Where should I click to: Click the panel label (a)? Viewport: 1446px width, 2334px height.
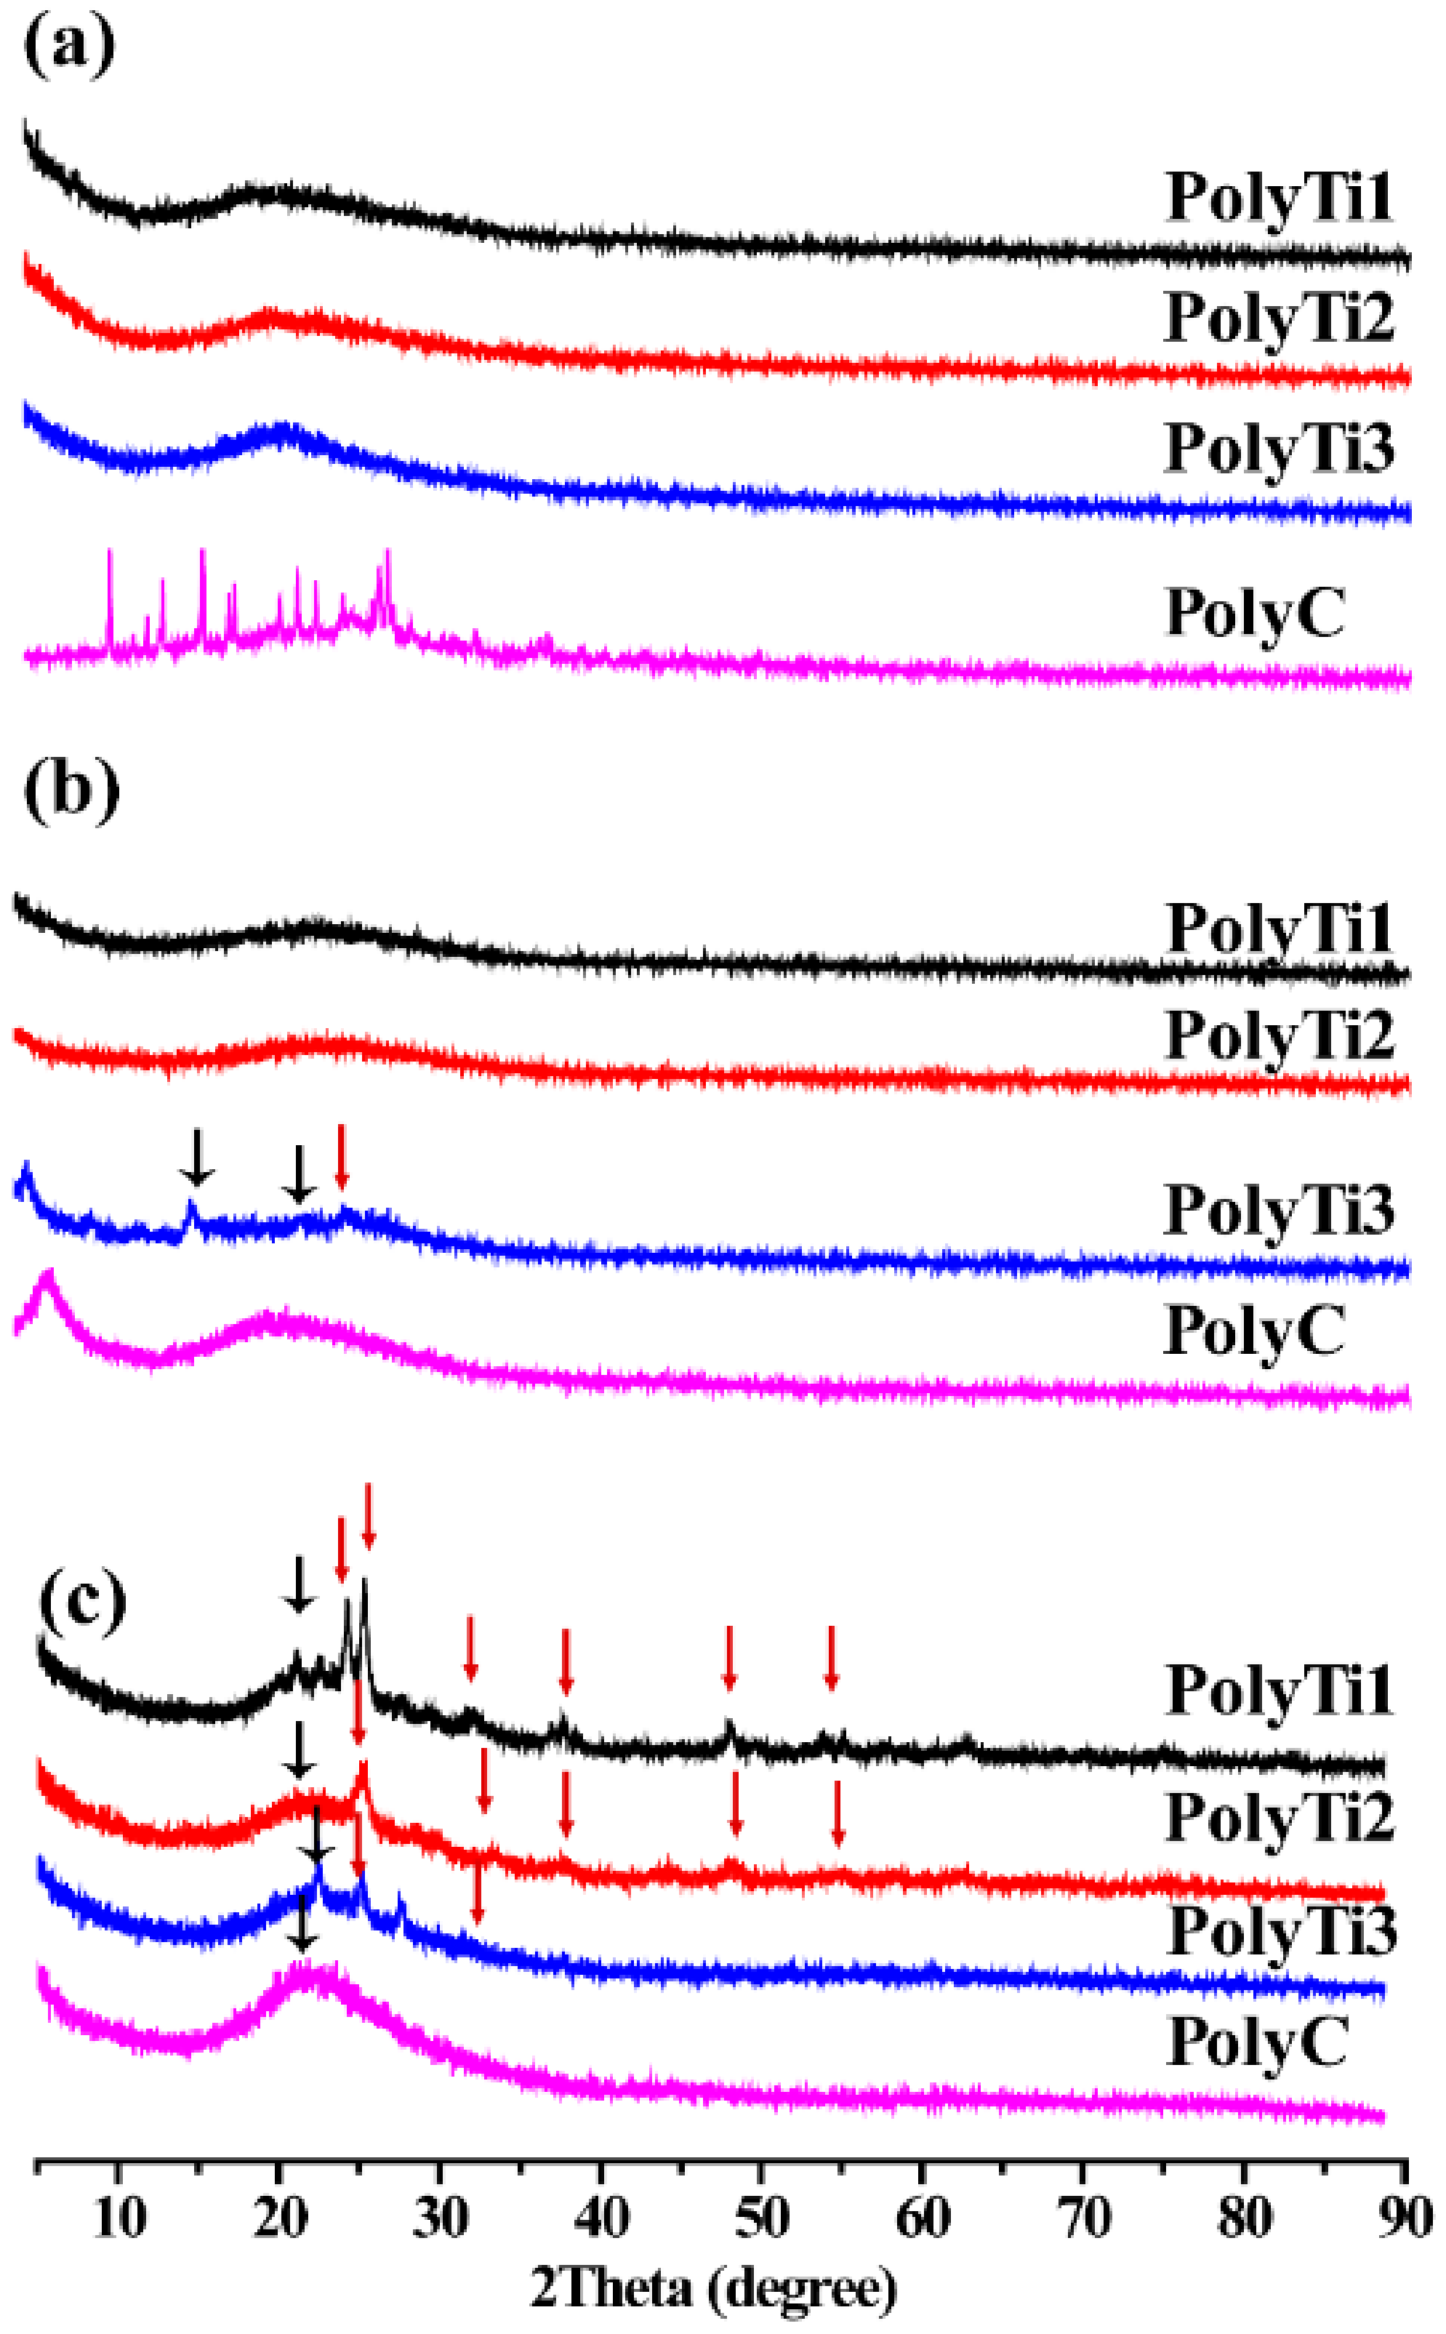69,48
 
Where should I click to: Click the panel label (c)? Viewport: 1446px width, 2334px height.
82,1597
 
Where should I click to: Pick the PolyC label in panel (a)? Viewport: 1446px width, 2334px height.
1255,613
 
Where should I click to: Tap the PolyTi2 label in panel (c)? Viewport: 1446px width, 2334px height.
1280,1816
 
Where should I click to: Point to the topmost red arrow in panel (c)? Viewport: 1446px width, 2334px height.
368,1517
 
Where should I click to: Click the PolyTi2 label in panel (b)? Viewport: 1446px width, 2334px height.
1280,1036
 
